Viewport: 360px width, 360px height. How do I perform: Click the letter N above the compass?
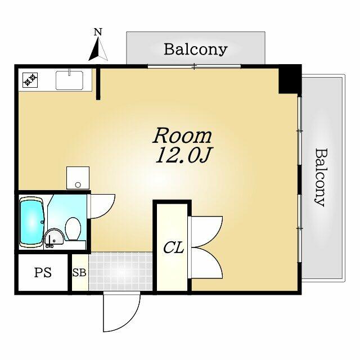point(98,32)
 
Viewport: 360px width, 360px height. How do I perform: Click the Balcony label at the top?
point(196,49)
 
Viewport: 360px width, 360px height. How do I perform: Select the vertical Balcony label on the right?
point(321,178)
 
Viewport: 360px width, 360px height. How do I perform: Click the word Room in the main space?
point(182,136)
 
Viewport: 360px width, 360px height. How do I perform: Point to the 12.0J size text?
point(183,155)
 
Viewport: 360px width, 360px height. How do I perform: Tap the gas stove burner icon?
point(30,80)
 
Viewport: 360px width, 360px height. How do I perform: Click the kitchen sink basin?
point(70,80)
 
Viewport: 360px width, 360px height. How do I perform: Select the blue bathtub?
point(31,222)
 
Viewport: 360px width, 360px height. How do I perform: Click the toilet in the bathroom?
point(73,229)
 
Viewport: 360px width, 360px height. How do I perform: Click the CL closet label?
point(174,247)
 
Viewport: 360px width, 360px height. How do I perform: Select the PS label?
point(43,272)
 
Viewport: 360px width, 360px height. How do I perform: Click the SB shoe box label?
point(79,272)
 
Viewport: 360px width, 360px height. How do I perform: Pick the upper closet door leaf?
point(206,231)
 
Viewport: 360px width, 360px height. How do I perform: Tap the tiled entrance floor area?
point(120,272)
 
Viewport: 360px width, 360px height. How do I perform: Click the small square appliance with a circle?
point(78,178)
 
